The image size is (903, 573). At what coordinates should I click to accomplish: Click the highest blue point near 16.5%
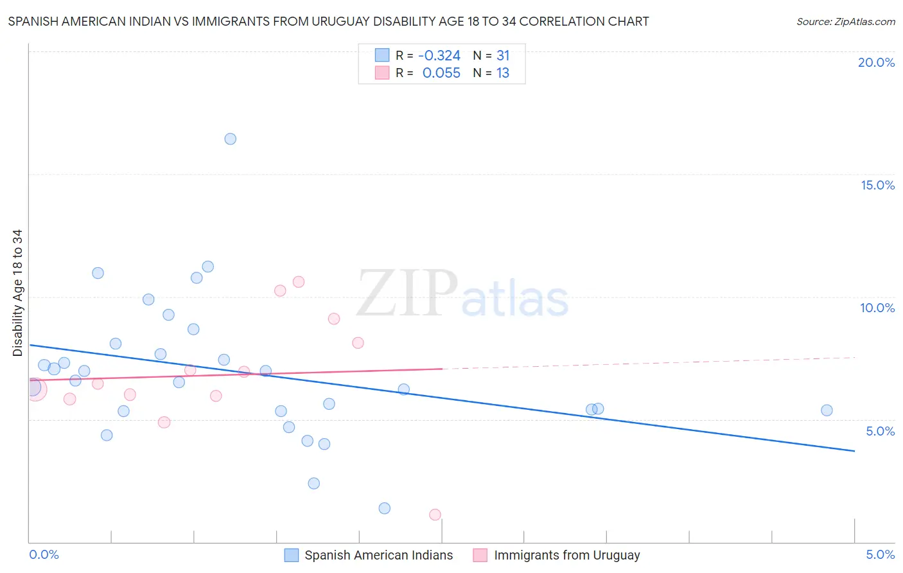coord(231,139)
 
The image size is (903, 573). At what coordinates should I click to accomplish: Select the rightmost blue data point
coord(827,410)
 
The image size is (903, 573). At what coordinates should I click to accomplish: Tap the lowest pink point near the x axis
coord(435,515)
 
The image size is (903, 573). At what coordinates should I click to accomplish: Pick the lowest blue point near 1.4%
coord(385,508)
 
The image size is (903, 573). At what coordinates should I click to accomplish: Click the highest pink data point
coord(298,282)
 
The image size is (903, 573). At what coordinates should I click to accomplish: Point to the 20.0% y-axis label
coord(876,62)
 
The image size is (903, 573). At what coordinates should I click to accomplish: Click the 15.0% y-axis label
coord(877,185)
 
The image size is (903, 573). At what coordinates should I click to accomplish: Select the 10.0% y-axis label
coord(877,308)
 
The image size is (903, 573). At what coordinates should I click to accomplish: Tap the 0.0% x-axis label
coord(44,555)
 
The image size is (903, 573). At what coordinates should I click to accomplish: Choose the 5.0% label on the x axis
coord(880,555)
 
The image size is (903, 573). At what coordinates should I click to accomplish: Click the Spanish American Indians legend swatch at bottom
coord(292,555)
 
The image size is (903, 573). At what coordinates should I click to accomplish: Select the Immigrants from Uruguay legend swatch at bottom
coord(480,555)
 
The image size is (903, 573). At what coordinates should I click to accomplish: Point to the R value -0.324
coord(439,56)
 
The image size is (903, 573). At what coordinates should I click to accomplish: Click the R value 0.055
coord(441,73)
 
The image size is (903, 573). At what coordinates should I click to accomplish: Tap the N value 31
coord(503,56)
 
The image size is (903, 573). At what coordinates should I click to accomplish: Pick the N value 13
coord(503,73)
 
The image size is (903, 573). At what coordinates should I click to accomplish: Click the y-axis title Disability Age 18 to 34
coord(17,293)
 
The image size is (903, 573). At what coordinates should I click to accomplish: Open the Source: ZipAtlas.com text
coord(845,22)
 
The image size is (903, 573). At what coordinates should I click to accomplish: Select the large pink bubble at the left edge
coord(35,389)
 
